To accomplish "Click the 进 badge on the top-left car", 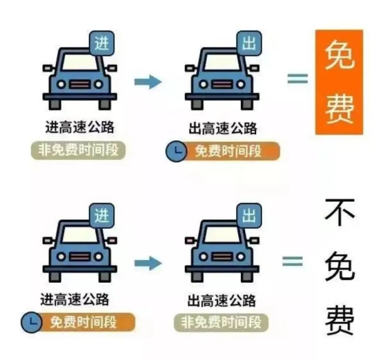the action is coord(101,43).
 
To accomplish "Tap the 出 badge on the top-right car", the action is coord(249,43).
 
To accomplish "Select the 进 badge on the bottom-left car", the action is coord(101,215).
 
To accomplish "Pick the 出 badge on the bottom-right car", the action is coord(249,215).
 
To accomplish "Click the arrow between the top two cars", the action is coord(148,81).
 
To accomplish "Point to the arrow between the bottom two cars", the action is coord(148,263).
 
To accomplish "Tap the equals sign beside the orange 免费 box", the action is coord(297,79).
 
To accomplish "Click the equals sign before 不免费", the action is coord(293,261).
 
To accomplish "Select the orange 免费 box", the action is coord(339,82).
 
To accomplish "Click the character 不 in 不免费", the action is coord(340,212).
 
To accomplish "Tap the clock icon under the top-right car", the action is coord(177,151).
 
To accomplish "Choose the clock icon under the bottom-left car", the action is coord(31,322).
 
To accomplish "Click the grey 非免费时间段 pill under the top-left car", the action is coord(78,150).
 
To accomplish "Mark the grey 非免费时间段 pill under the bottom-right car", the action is coord(221,322).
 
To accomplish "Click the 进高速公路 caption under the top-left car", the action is coord(80,127).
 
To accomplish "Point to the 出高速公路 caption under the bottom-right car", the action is coord(222,300).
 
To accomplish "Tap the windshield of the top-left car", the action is coord(80,62).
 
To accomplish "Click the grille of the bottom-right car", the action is coord(222,257).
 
